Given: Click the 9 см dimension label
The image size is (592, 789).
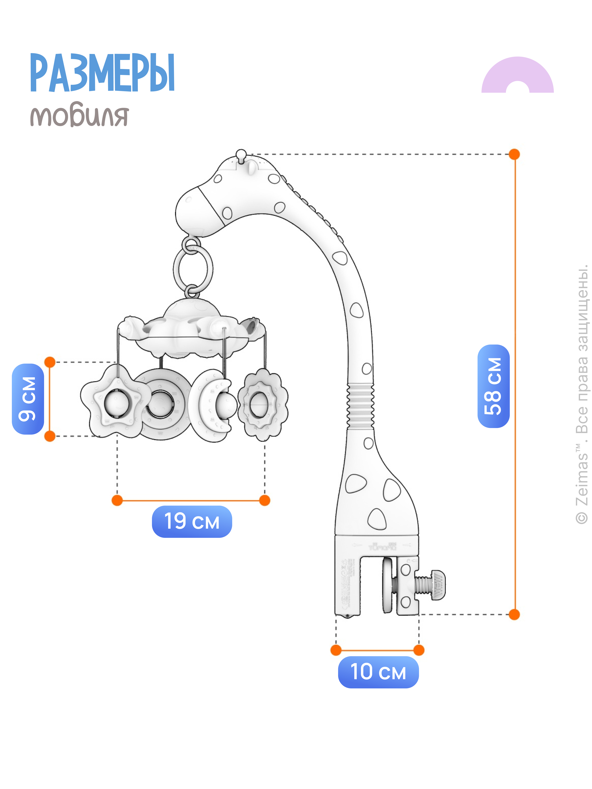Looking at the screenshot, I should pos(28,399).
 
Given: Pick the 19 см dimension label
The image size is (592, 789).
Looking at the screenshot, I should pos(192,522).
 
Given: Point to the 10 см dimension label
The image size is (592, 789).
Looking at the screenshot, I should pos(378,672).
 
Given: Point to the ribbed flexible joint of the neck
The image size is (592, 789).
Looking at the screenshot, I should pos(360,406).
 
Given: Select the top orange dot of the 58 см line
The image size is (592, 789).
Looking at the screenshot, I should pos(514,155).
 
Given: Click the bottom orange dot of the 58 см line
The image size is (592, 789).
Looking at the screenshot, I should pos(514,615).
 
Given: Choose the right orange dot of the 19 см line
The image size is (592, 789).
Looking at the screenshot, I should pos(264,500).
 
